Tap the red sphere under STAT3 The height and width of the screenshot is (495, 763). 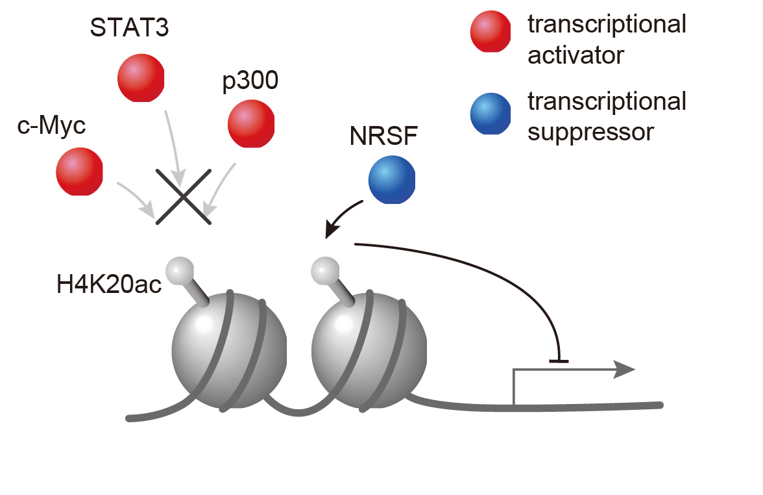tap(141, 78)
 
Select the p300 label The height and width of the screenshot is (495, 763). tap(250, 82)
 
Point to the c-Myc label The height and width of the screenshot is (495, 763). tap(51, 125)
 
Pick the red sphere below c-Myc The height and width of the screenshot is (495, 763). tap(79, 171)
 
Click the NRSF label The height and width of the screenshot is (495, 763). tap(383, 138)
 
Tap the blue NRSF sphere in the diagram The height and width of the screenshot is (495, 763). tap(392, 181)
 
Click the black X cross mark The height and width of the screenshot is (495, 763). tap(184, 196)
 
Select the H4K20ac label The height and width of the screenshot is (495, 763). tap(109, 285)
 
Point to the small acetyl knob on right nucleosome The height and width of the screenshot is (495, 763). tap(325, 269)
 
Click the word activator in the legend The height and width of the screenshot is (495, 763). tap(575, 56)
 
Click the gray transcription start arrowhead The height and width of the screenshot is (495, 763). tap(625, 370)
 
